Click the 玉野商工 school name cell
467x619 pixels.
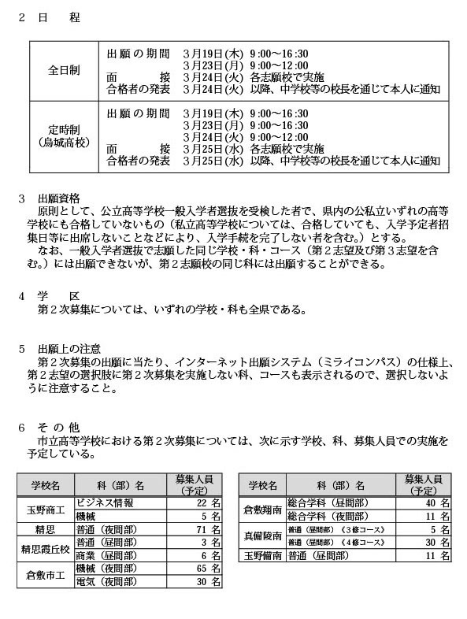point(45,508)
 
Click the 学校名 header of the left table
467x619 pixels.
point(45,484)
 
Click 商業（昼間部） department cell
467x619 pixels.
point(111,554)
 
